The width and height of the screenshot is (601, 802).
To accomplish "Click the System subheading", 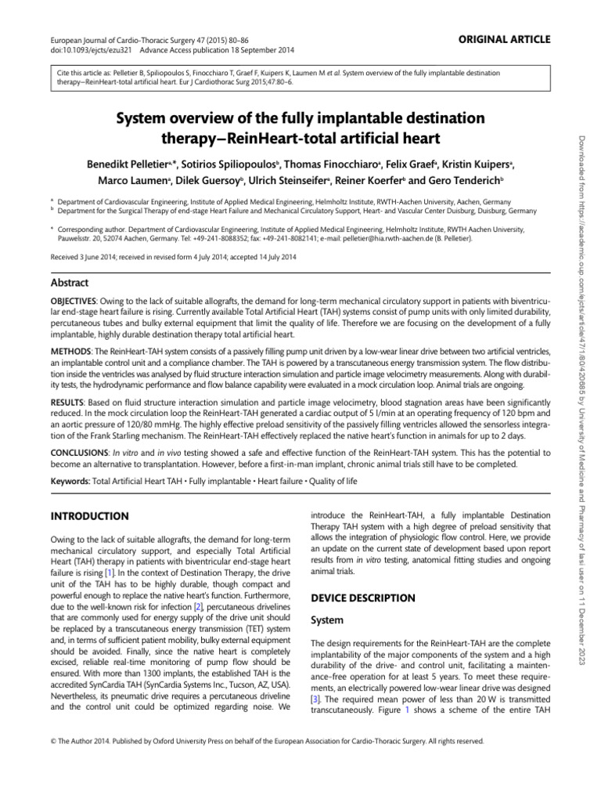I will (329, 620).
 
